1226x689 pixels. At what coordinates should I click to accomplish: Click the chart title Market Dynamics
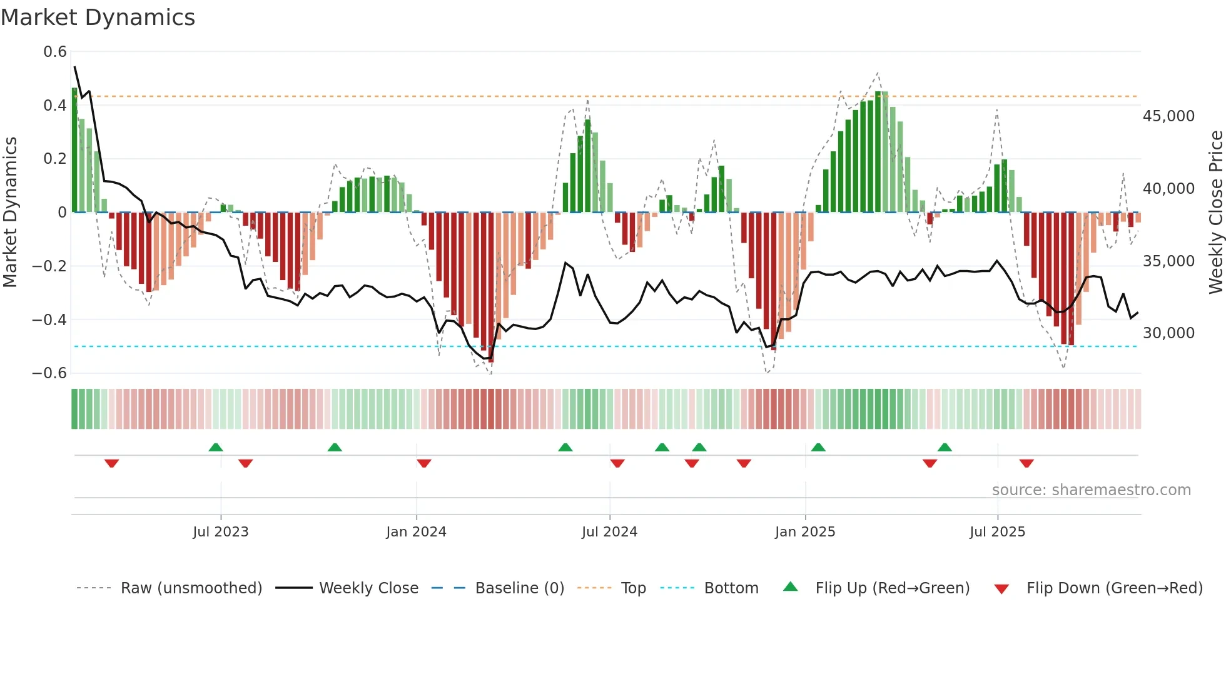(x=98, y=18)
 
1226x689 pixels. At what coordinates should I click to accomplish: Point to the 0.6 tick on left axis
(x=55, y=52)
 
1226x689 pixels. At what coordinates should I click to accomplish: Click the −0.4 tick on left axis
(x=49, y=319)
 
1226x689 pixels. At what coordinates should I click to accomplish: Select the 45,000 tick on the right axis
(x=1168, y=116)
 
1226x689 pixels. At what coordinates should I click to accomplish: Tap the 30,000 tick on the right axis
(x=1168, y=333)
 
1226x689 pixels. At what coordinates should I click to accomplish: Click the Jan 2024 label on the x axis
(x=416, y=532)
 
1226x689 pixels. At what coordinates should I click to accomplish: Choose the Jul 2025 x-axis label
(x=997, y=532)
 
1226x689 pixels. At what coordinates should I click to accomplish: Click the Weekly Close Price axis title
(x=1215, y=213)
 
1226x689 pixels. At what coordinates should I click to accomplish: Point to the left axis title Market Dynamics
(x=11, y=213)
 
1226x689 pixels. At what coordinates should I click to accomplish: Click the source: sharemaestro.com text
(x=1091, y=490)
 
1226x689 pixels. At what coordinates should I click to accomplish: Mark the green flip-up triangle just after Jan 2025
(x=818, y=447)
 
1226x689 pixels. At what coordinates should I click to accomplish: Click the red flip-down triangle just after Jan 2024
(x=424, y=463)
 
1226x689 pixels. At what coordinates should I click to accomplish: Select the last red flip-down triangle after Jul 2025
(x=1026, y=463)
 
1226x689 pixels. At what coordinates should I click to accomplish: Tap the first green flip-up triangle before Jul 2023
(x=216, y=447)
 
